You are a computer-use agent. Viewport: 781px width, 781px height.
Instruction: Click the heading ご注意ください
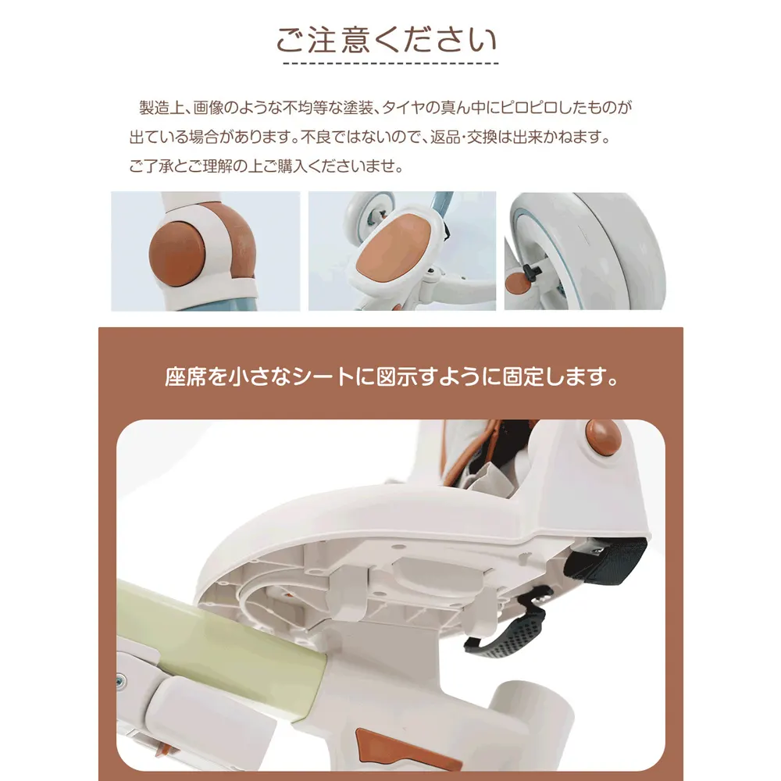pos(387,40)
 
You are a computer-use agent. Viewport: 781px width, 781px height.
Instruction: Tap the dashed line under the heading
pos(390,63)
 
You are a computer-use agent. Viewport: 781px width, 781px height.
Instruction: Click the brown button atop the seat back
pos(604,437)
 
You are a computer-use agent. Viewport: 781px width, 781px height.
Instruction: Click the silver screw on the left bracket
pos(122,679)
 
